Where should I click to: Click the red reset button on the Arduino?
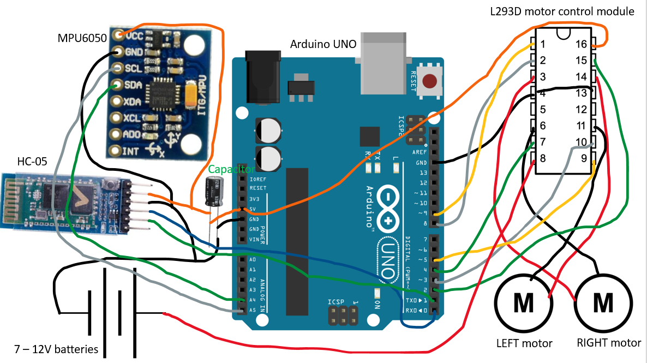click(432, 82)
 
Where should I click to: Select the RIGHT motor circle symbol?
click(603, 301)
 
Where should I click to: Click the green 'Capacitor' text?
click(224, 169)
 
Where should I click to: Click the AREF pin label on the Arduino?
click(420, 152)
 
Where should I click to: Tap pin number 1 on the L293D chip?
click(543, 44)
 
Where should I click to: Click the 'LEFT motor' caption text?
click(524, 343)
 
